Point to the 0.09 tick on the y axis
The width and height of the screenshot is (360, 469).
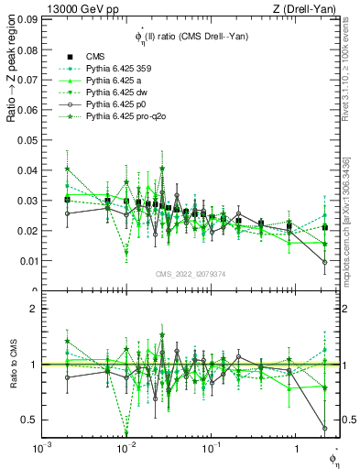(26, 18)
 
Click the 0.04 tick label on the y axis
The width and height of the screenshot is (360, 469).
(26, 170)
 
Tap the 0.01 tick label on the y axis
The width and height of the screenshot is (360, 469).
(26, 261)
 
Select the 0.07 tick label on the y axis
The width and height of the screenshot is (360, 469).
(26, 80)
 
